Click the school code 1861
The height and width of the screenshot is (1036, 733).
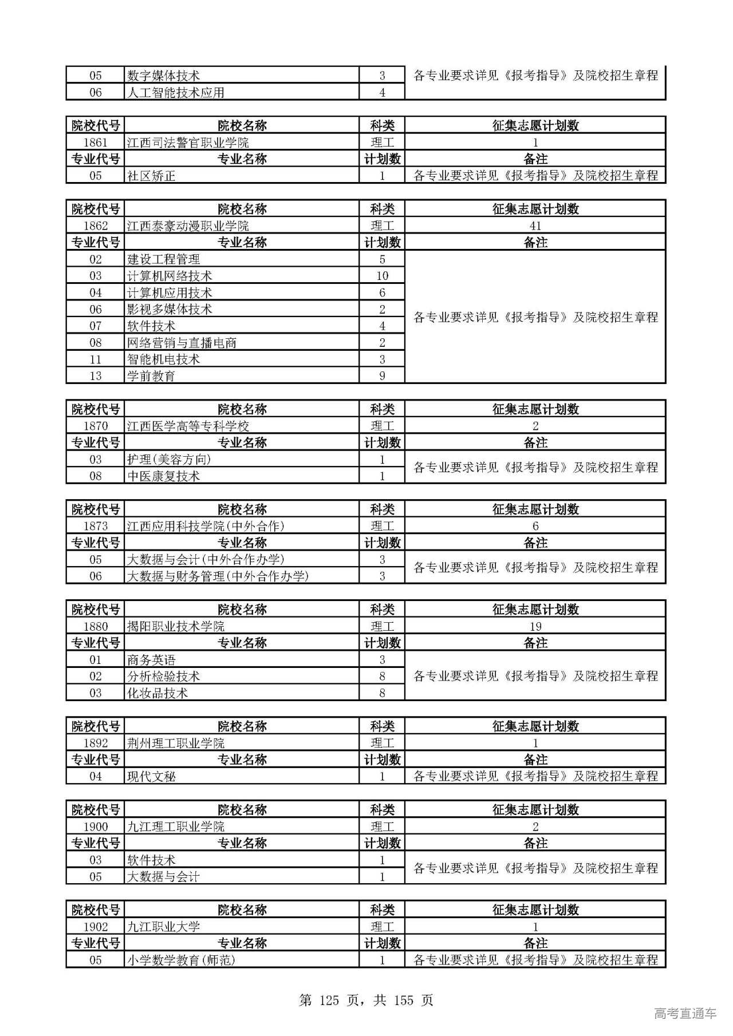[x=95, y=143]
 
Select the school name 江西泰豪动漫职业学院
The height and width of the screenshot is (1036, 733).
[x=188, y=226]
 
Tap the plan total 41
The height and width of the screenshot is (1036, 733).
[x=535, y=226]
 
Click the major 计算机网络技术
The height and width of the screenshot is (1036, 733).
[x=170, y=276]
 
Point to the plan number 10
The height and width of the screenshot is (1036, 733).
[x=382, y=276]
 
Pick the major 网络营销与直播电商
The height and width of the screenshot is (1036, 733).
[x=182, y=343]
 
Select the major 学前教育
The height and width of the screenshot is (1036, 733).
[x=151, y=376]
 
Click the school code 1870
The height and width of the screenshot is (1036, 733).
[x=95, y=426]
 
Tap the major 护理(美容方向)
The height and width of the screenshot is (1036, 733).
[x=169, y=460]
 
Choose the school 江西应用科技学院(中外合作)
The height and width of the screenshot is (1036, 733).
[x=206, y=526]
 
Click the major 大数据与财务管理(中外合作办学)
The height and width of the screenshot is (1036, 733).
[x=218, y=576]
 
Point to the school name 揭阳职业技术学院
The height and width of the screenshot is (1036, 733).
[x=176, y=626]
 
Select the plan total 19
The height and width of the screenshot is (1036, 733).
[x=535, y=626]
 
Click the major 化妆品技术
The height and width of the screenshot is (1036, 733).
[x=157, y=693]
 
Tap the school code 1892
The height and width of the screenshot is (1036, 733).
[x=95, y=743]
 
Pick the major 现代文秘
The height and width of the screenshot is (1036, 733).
[x=151, y=777]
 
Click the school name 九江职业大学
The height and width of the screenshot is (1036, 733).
[x=163, y=927]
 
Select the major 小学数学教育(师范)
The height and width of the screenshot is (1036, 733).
[x=181, y=960]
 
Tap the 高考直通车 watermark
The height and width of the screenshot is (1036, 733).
[x=685, y=1013]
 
